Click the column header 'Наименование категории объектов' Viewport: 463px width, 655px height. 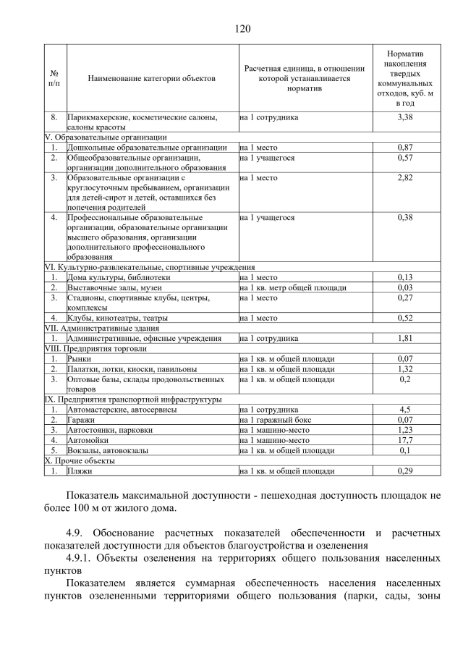click(x=152, y=77)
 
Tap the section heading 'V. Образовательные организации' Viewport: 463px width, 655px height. click(x=106, y=137)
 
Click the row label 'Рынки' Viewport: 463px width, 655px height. click(x=80, y=358)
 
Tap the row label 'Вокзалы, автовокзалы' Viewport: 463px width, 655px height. click(x=108, y=449)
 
